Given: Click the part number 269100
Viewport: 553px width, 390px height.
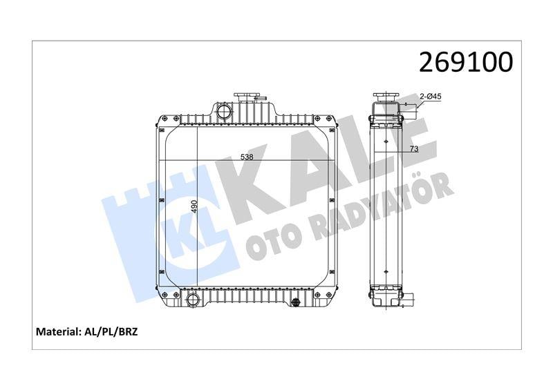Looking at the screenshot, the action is pos(465,62).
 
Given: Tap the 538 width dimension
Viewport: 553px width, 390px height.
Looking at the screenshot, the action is pos(247,157).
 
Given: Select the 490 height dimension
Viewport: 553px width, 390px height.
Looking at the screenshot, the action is pos(194,206).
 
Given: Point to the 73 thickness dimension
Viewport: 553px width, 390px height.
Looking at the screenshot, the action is pos(414,149).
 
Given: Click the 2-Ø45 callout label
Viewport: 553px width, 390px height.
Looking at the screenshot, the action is pos(431,96).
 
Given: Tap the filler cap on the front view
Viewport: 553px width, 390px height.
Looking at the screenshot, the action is pos(247,97).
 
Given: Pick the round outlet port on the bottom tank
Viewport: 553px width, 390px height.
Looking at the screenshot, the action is pos(194,300).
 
